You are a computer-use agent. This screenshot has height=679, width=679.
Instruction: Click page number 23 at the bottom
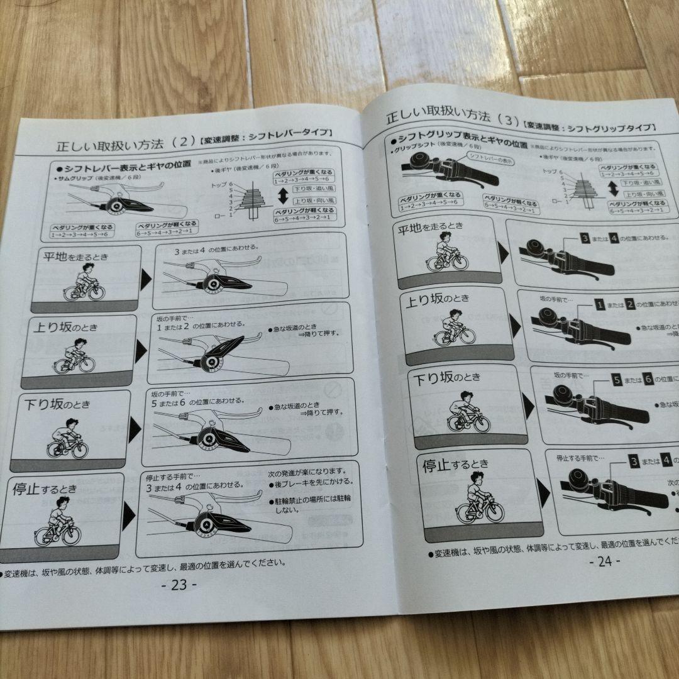(179, 585)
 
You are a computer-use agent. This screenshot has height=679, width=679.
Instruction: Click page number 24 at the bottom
(604, 561)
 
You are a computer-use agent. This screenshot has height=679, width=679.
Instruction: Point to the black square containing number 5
(617, 380)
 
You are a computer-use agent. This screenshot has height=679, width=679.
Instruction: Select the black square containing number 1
(600, 305)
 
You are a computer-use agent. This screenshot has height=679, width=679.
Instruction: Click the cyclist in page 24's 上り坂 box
(453, 329)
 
